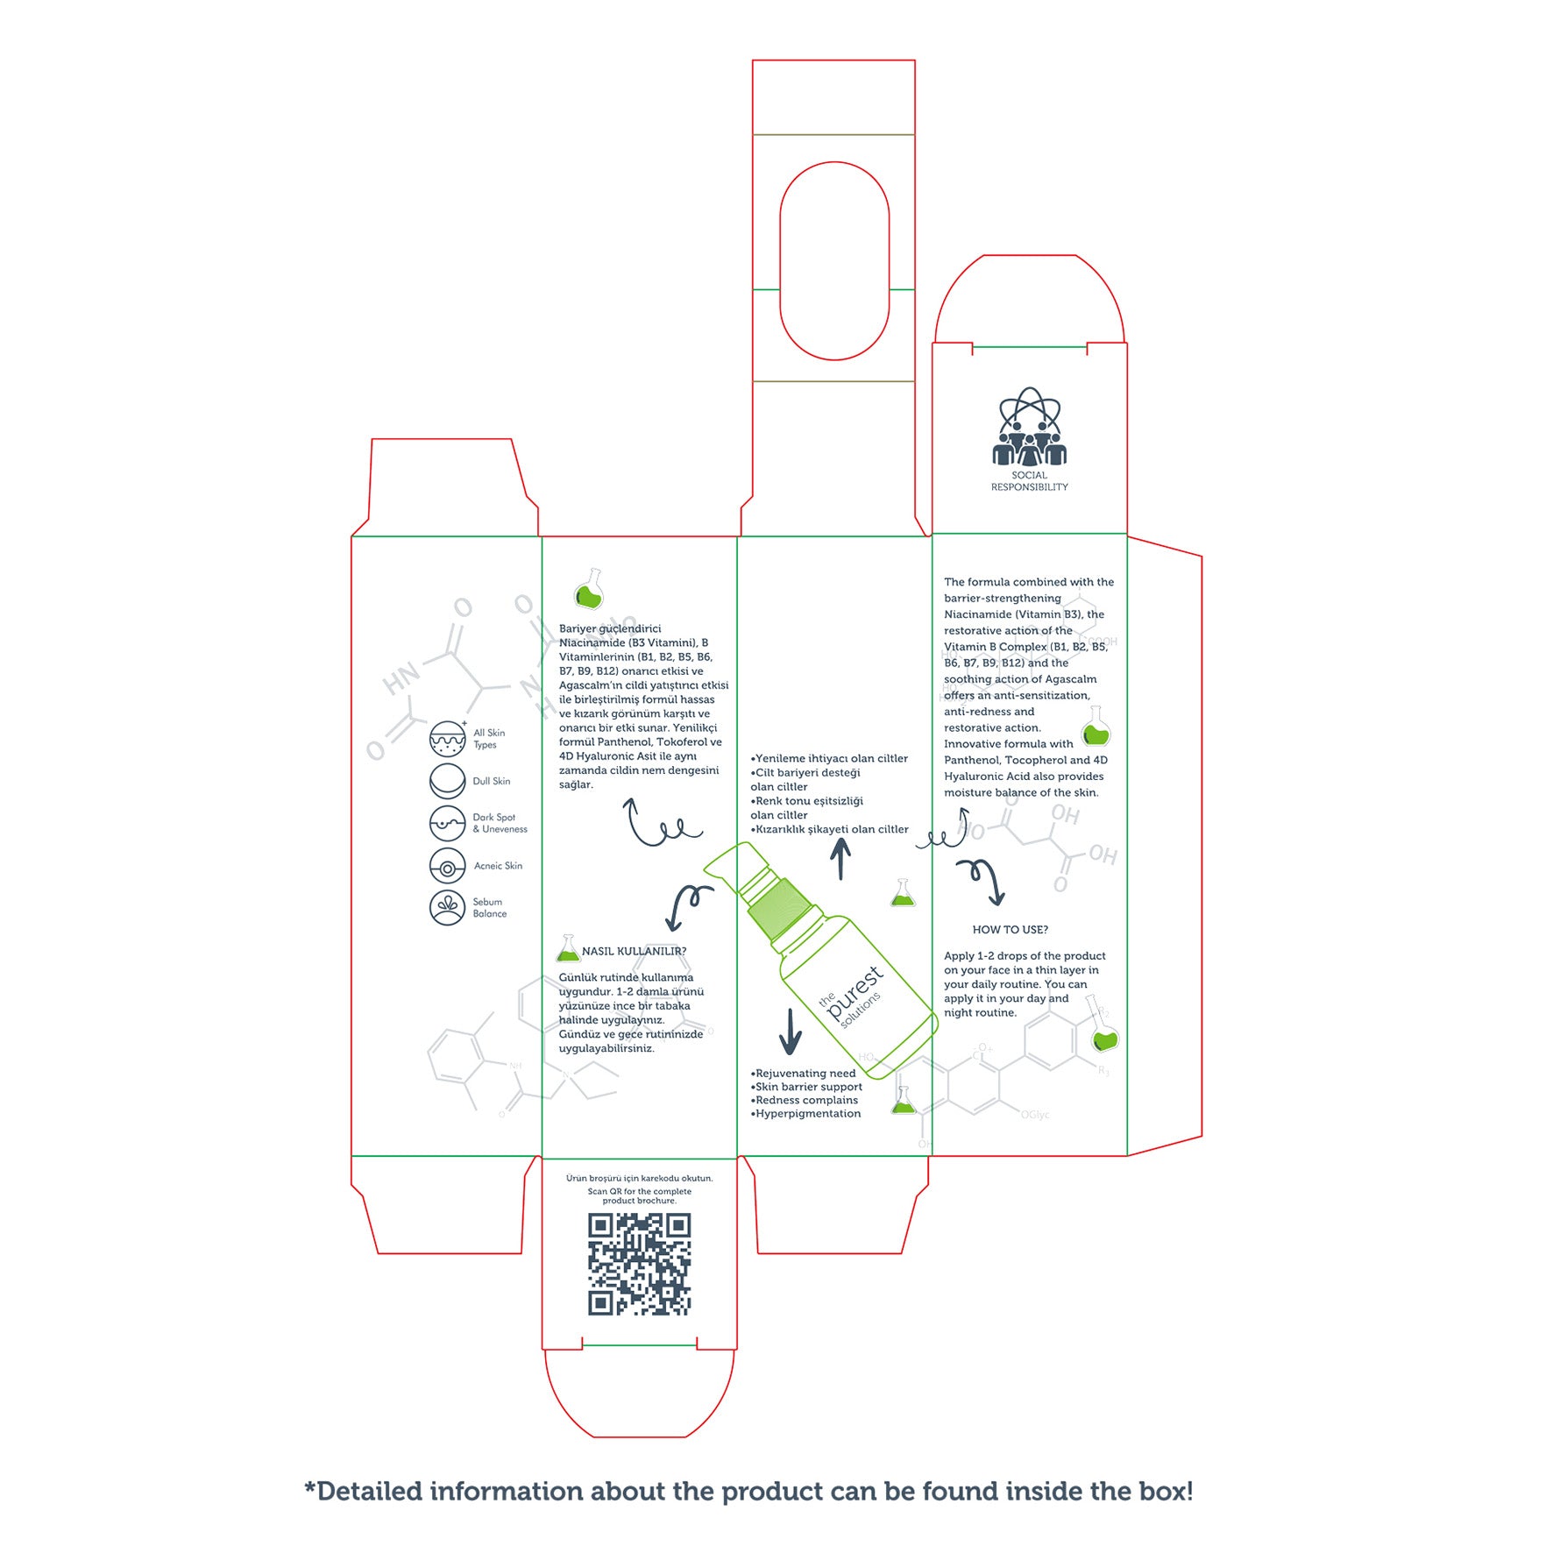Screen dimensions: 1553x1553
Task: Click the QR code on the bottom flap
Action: tap(639, 1264)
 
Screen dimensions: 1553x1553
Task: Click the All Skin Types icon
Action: tap(447, 739)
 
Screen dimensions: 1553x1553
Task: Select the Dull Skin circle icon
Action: tap(447, 781)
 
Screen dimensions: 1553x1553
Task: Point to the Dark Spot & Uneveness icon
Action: tap(447, 823)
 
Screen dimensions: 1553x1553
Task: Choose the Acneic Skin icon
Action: tap(447, 866)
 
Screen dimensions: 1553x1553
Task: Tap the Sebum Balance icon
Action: tap(447, 907)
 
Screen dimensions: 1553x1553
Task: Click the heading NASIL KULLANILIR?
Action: tap(634, 951)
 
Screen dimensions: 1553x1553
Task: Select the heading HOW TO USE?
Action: tap(1010, 930)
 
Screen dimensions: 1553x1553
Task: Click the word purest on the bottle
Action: tap(855, 991)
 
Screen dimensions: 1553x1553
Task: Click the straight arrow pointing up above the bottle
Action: tap(840, 859)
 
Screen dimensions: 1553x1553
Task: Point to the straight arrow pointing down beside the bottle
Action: tap(791, 1031)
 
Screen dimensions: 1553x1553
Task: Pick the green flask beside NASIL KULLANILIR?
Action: tap(568, 949)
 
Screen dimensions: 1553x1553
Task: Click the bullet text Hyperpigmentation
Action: tap(808, 1114)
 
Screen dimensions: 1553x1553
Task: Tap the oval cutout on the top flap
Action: tap(834, 260)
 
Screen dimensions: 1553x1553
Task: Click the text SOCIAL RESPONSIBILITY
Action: tap(1029, 481)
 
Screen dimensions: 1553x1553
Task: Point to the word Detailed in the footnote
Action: tap(369, 1491)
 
